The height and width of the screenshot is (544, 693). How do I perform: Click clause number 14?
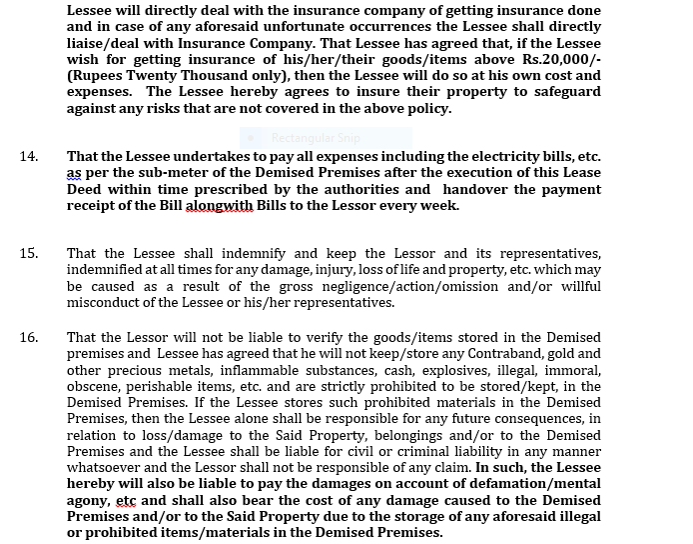[x=28, y=156]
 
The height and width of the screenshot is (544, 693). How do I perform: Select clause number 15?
[x=28, y=254]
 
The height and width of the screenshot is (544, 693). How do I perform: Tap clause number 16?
[x=28, y=337]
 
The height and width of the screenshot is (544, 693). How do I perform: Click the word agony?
[x=88, y=500]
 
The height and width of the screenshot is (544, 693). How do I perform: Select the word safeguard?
[x=564, y=91]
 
